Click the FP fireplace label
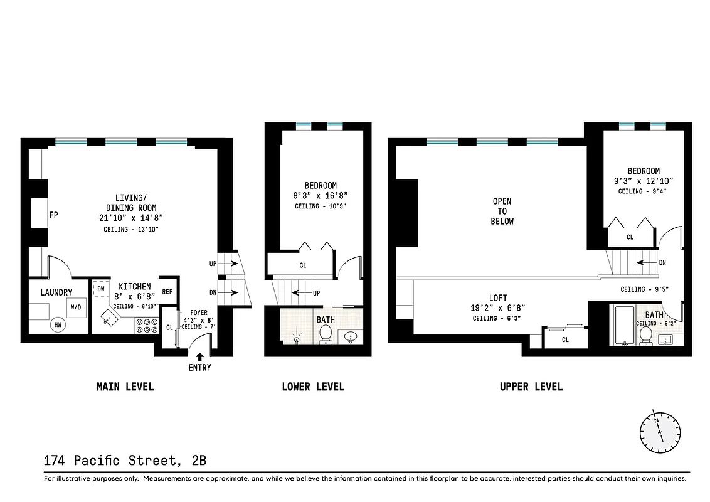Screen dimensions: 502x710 54,215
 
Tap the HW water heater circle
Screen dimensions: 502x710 58,324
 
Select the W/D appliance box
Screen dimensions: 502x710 76,307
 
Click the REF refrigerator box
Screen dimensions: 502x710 167,292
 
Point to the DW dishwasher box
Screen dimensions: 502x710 100,289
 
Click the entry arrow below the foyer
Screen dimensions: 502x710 200,357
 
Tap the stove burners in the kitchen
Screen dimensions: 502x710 146,325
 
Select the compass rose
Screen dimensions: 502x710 660,432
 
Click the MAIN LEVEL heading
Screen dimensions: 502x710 125,387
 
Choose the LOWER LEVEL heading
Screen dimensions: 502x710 313,387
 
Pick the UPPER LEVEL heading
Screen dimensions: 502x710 531,387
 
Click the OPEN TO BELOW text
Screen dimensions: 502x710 502,211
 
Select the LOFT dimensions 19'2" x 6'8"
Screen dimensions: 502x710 499,308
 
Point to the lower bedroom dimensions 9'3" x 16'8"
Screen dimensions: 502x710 321,196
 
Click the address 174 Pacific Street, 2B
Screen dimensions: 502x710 125,461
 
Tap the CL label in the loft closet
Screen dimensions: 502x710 565,339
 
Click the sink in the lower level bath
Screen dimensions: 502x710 351,338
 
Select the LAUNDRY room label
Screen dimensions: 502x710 56,292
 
